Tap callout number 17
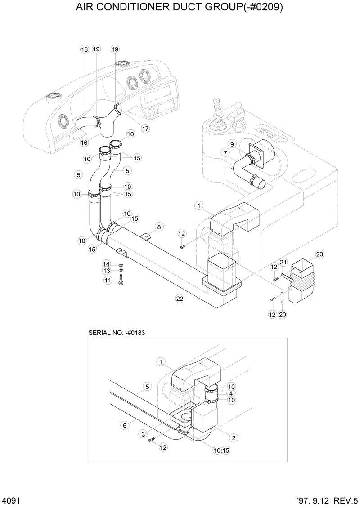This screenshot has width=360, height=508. pyautogui.click(x=145, y=129)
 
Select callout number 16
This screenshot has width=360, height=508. pyautogui.click(x=84, y=143)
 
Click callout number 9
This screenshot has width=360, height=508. pyautogui.click(x=232, y=144)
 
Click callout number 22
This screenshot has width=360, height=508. pyautogui.click(x=180, y=299)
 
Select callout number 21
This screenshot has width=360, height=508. pyautogui.click(x=283, y=262)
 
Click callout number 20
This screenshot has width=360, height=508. pyautogui.click(x=283, y=315)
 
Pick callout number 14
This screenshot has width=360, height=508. pyautogui.click(x=106, y=263)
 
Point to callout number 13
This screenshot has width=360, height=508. pyautogui.click(x=107, y=271)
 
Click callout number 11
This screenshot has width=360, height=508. pyautogui.click(x=108, y=280)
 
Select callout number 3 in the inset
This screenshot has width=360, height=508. pyautogui.click(x=143, y=434)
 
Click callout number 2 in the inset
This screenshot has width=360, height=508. pyautogui.click(x=234, y=437)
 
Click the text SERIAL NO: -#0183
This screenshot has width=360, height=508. pyautogui.click(x=116, y=332)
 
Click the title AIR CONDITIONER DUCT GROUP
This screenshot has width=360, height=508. pyautogui.click(x=180, y=8)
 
